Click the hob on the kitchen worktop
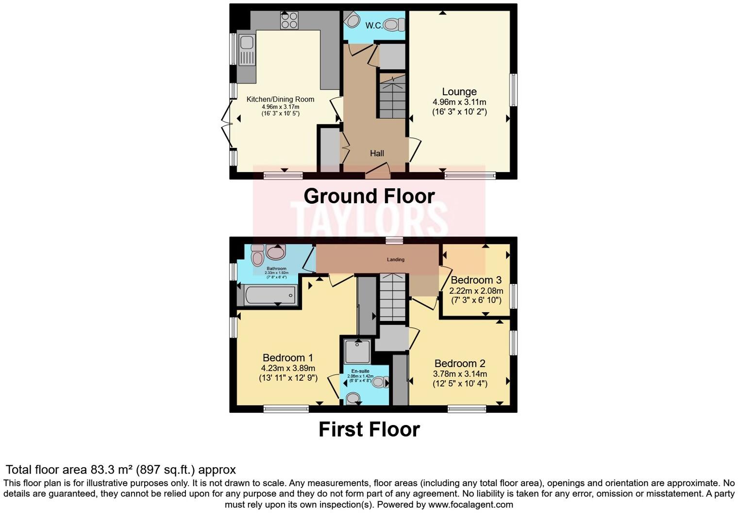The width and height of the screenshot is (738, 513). coord(289,21)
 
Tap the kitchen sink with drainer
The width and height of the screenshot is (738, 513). coord(247,50)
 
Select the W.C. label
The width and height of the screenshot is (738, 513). coord(373,25)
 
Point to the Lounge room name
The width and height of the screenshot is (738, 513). coord(459,91)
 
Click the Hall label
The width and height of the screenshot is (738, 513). coord(377,153)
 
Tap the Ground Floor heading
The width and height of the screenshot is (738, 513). coord(369,196)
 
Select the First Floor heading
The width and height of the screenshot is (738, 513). coord(369,429)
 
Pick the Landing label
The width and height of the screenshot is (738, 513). coord(395,259)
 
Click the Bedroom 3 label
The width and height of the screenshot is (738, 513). coord(476,280)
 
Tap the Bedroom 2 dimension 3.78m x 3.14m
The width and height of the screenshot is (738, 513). coord(460,374)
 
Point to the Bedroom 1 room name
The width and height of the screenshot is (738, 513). coord(284,358)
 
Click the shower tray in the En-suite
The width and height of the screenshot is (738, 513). coord(357,352)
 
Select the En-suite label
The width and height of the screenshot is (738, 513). coord(360,371)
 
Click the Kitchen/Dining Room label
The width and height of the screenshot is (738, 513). coord(280,99)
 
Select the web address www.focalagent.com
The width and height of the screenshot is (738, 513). coord(470,504)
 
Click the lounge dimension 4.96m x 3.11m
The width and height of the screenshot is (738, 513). coord(459,102)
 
